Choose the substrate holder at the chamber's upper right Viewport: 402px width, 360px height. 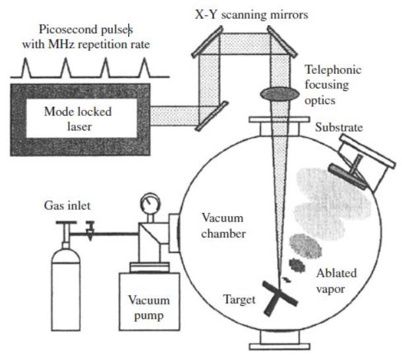(366, 159)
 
